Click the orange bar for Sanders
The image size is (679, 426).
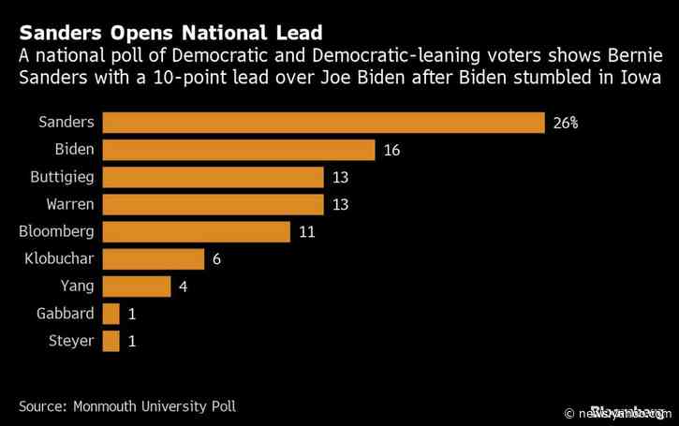[x=323, y=123]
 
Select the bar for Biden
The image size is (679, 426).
[x=238, y=150]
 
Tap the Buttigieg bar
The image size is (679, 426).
[x=213, y=177]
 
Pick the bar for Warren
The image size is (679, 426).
[x=213, y=204]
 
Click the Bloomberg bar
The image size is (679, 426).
[x=196, y=231]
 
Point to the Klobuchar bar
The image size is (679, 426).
[x=153, y=259]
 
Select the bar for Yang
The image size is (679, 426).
[x=136, y=286]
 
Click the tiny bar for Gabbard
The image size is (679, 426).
[x=111, y=314]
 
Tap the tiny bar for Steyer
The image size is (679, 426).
[x=111, y=341]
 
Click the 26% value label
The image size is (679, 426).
[x=565, y=123]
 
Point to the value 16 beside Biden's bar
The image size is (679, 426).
[x=391, y=150]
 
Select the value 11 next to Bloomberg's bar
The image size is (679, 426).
[x=306, y=231]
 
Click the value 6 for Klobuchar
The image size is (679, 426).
[x=216, y=259]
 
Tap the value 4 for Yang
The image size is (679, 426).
[x=183, y=286]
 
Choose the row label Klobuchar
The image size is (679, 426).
[x=60, y=259]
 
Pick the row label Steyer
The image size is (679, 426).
[x=72, y=341]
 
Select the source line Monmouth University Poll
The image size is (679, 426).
[x=127, y=406]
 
